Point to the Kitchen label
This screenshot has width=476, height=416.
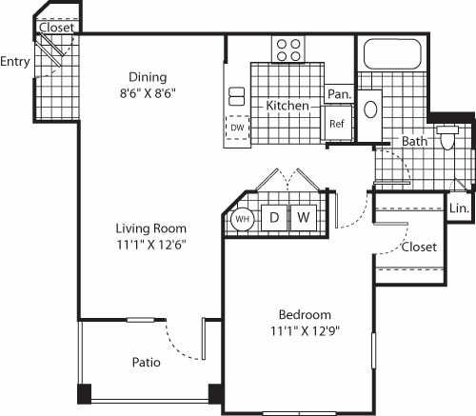coord(288,106)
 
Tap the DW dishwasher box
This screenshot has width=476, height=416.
coord(235,127)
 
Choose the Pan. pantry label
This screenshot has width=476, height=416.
coord(338,94)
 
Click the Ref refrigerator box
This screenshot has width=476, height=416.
coord(337,123)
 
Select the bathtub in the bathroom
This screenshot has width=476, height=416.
coord(391,53)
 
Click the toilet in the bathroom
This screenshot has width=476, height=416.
coord(448,138)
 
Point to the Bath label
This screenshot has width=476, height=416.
coord(414,141)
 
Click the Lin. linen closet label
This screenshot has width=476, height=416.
coord(459,208)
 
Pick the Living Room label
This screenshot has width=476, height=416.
coord(150,228)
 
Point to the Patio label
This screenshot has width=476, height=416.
coord(146,363)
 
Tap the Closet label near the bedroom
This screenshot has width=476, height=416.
coord(419,247)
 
